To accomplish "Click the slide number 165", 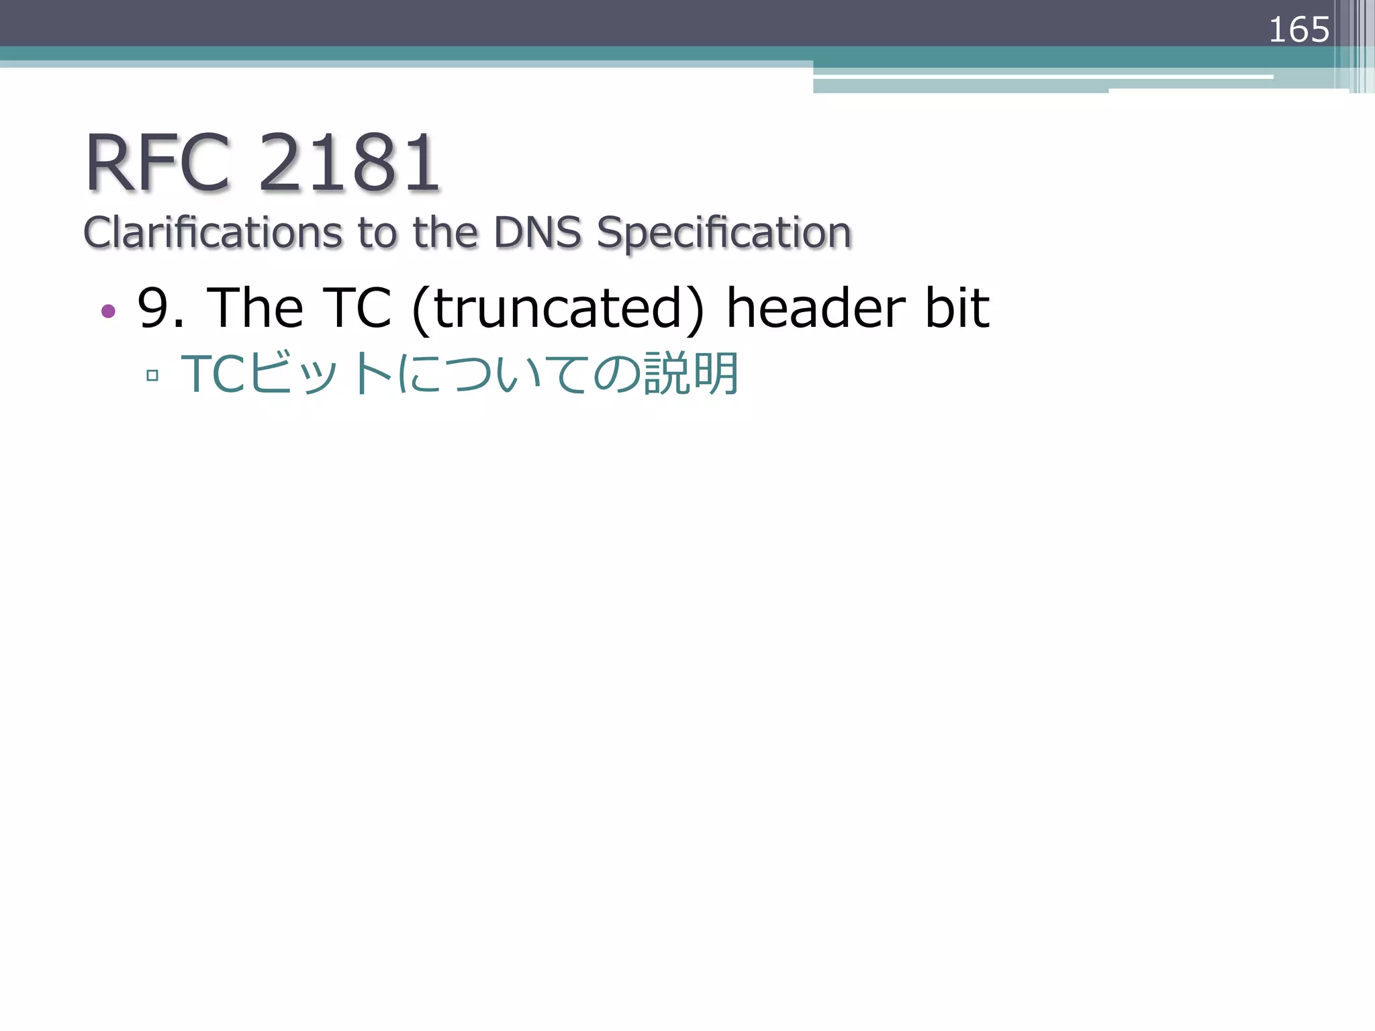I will pyautogui.click(x=1298, y=30).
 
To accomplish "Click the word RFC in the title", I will pyautogui.click(x=158, y=163).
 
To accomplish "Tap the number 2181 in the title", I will pyautogui.click(x=349, y=163).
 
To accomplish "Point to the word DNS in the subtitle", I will pyautogui.click(x=538, y=233).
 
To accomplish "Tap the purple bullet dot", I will pyautogui.click(x=108, y=311).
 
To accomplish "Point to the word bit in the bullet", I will pyautogui.click(x=957, y=308).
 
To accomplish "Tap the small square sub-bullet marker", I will pyautogui.click(x=152, y=375).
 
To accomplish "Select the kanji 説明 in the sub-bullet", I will pyautogui.click(x=692, y=373).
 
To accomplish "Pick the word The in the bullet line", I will pyautogui.click(x=255, y=308).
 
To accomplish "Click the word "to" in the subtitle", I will pyautogui.click(x=379, y=233).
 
